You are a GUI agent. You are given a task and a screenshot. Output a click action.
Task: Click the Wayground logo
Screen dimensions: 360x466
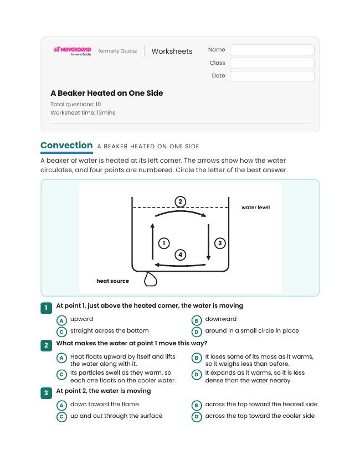click(x=72, y=51)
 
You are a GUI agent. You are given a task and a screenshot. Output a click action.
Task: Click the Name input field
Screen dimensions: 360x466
click(x=272, y=50)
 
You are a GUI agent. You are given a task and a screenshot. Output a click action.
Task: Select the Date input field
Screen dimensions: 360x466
click(x=272, y=76)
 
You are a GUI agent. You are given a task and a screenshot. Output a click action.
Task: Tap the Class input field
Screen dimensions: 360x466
click(x=272, y=63)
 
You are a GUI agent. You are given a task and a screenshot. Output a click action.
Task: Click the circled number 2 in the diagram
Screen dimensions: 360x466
click(x=181, y=202)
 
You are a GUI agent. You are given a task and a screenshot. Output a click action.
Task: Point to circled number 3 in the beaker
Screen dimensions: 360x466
click(x=220, y=243)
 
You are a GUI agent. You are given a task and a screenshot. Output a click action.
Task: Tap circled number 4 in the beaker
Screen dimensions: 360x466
click(x=181, y=255)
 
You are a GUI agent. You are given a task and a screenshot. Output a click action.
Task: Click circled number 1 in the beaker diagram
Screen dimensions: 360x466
click(x=164, y=243)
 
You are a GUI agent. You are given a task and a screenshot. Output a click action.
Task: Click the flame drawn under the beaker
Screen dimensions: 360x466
click(x=150, y=279)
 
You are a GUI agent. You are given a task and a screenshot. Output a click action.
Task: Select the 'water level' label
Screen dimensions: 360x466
click(x=255, y=208)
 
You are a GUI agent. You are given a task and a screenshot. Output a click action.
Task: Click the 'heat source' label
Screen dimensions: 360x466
click(x=112, y=281)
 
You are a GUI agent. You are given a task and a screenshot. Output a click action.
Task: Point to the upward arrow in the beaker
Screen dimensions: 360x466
click(x=153, y=242)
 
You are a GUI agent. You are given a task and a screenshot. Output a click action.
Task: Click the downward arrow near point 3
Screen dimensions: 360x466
click(x=209, y=242)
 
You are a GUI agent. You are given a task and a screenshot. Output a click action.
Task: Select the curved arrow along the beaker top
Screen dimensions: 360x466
click(x=181, y=211)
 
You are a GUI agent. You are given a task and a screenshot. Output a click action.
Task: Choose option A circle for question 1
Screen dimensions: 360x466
click(x=61, y=320)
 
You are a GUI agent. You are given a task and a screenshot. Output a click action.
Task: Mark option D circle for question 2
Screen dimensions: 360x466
click(x=197, y=375)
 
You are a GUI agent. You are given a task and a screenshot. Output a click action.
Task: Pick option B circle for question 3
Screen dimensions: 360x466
click(x=197, y=405)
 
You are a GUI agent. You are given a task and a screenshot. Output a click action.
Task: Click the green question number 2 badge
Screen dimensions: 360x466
click(x=46, y=345)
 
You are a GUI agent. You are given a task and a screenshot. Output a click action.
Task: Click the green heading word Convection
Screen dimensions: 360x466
click(x=66, y=146)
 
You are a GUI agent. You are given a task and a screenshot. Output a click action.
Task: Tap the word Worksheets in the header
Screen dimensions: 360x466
click(x=172, y=51)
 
